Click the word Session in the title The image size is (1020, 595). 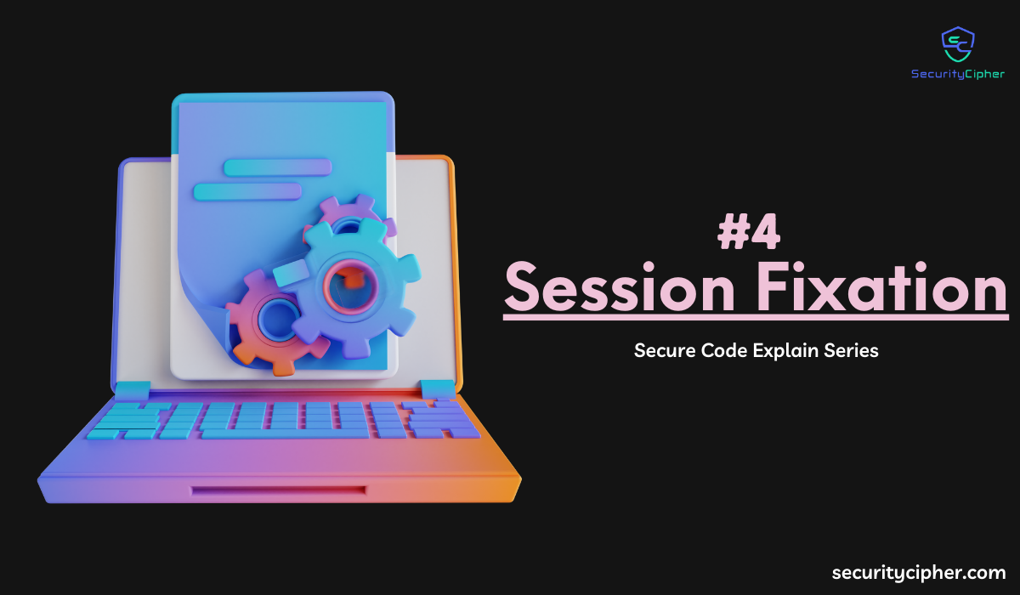[620, 286]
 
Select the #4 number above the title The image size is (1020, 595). [749, 232]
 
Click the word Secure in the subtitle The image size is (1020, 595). [666, 350]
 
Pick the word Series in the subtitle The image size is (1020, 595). [851, 350]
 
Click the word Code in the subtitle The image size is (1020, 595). [724, 350]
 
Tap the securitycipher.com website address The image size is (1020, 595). [919, 573]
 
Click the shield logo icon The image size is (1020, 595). [958, 44]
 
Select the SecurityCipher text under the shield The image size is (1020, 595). [958, 74]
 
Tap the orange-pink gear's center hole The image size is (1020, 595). [277, 318]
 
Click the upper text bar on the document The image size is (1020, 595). [277, 167]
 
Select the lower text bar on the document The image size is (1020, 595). [247, 191]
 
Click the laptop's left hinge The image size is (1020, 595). [133, 389]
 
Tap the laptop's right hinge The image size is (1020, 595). [438, 389]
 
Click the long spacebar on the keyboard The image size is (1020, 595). [285, 433]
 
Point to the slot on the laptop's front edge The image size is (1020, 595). [279, 490]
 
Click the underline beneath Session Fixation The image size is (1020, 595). [756, 316]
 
